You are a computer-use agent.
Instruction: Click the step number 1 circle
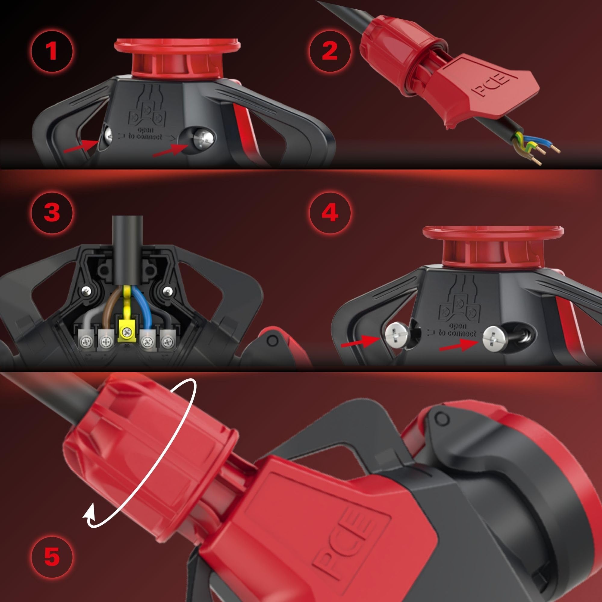click(52, 51)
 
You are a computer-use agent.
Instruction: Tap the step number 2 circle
click(330, 51)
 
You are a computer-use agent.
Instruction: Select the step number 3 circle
click(52, 213)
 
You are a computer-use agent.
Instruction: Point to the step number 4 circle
click(330, 213)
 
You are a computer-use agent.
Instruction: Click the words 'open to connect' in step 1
click(145, 133)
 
